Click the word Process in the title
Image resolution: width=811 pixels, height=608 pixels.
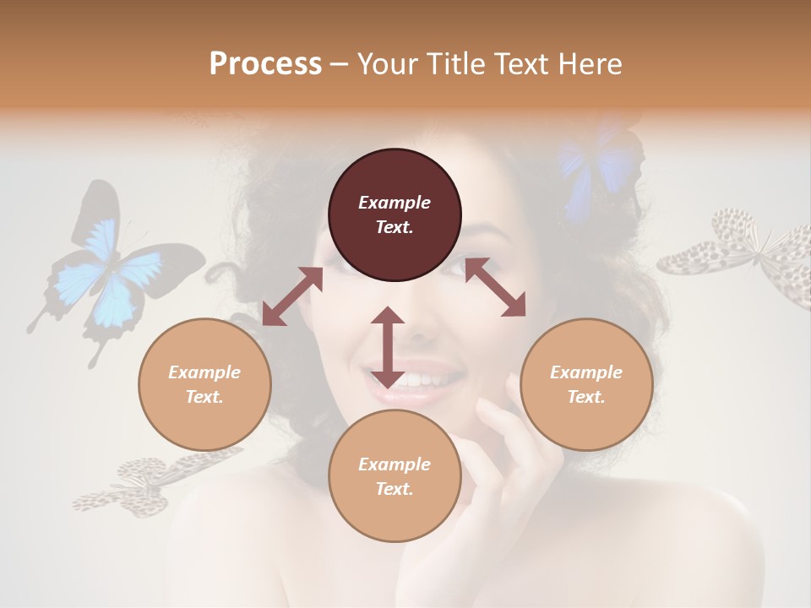265,64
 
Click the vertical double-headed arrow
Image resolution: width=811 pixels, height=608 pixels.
388,347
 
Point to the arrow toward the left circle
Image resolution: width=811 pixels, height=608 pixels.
292,296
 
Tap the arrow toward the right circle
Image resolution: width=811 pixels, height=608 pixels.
495,287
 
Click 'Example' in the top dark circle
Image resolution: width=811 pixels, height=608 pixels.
395,203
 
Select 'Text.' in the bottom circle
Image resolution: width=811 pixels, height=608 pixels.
395,489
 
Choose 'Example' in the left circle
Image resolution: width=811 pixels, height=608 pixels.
204,372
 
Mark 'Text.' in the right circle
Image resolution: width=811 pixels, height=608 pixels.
586,397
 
